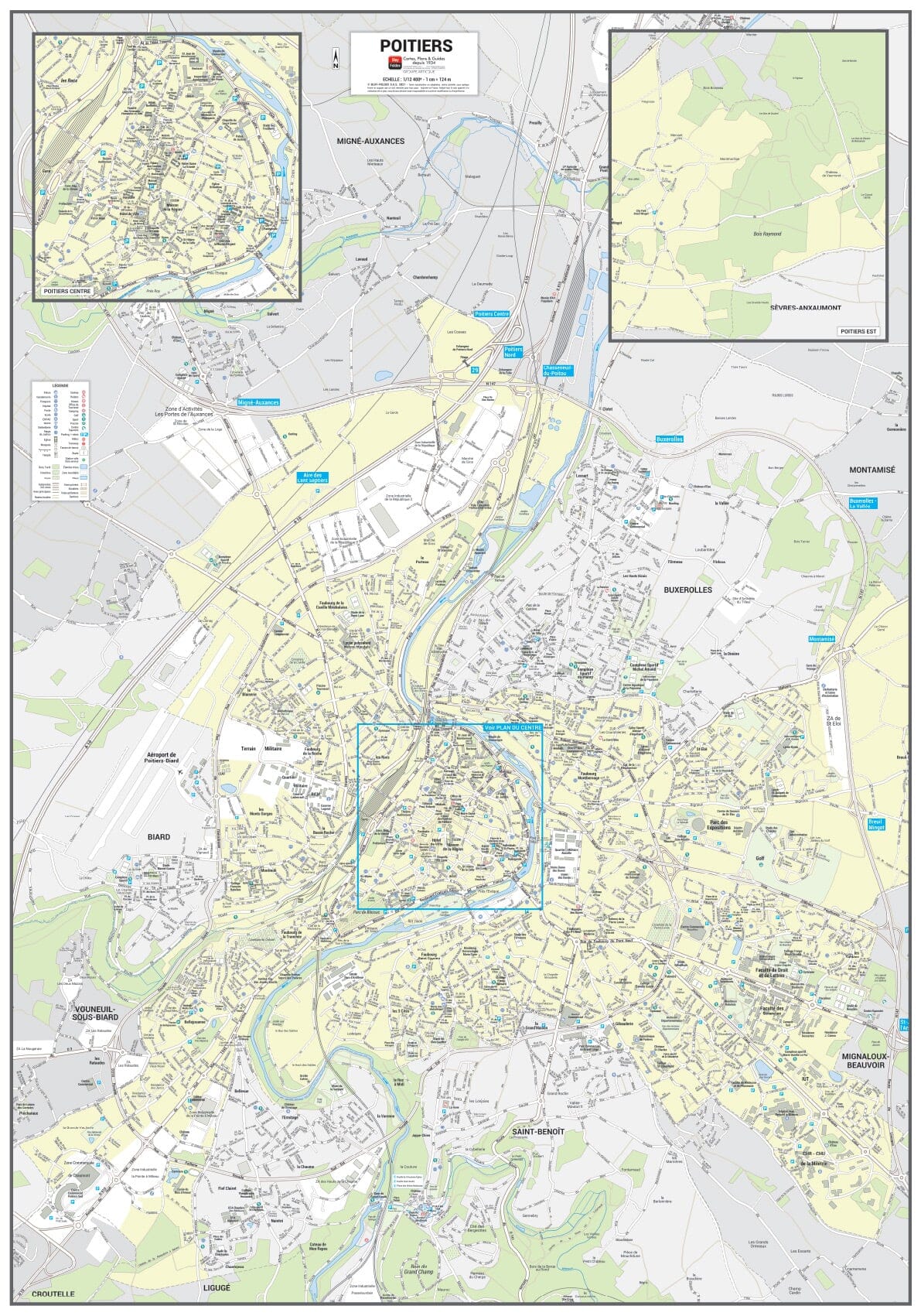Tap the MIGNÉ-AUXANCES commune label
370,142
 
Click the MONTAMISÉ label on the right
872,470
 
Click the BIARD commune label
159,837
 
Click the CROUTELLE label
53,1294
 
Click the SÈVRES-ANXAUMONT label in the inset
805,308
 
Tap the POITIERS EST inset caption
858,332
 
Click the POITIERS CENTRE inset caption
67,292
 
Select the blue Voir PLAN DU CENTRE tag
512,728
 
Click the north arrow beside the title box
336,59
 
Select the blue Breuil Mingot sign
875,824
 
